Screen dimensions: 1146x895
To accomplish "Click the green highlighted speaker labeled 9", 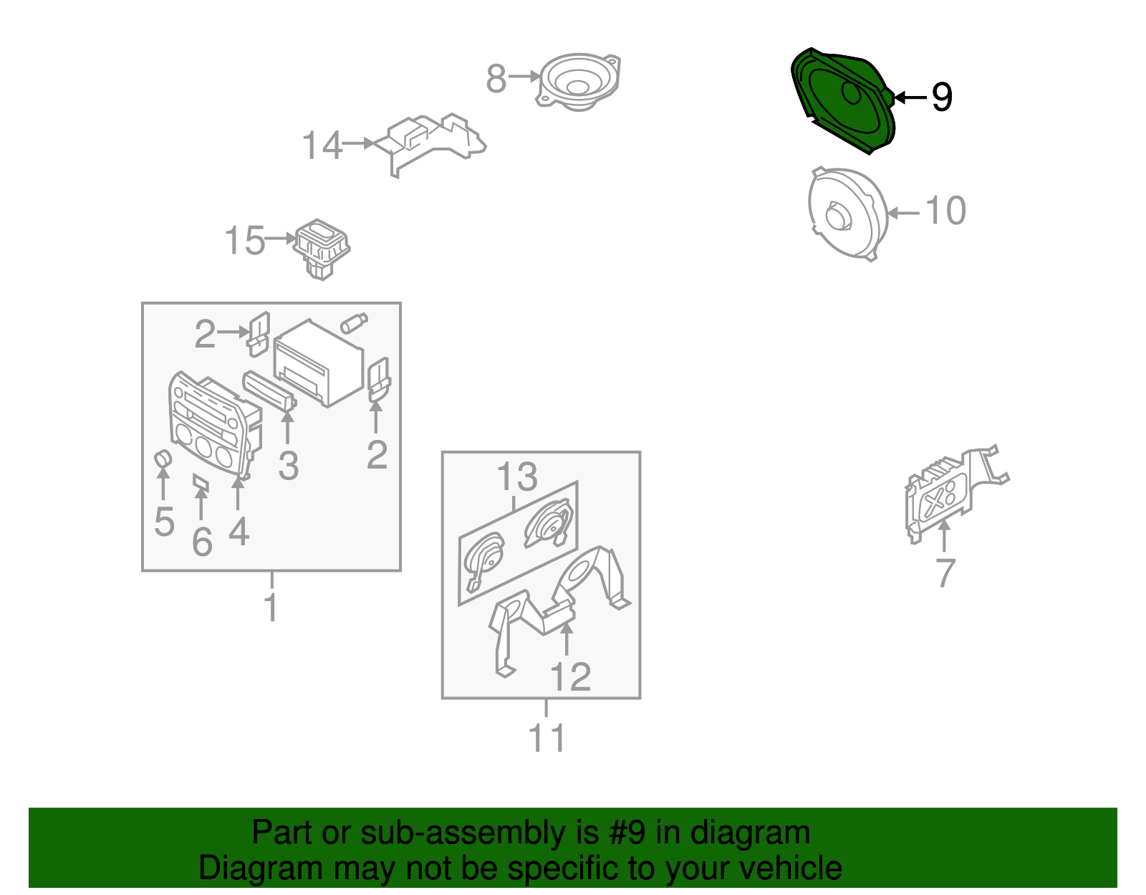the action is coord(843,101).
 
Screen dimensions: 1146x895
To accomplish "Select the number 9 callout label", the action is coord(942,97).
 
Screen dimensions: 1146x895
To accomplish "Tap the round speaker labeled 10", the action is coord(847,214).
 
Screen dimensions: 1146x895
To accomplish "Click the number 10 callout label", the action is coord(945,211).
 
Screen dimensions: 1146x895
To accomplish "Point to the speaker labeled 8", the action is coord(579,82).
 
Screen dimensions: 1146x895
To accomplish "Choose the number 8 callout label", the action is coord(496,79).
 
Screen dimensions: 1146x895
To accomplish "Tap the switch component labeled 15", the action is coord(322,249).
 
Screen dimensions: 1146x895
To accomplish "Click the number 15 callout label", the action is coord(244,241).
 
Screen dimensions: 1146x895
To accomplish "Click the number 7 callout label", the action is coord(945,573).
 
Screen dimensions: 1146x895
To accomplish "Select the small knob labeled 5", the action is coord(163,459).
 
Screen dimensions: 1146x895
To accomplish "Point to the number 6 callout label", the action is coord(203,542).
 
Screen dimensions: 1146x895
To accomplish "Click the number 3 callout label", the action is coord(289,466).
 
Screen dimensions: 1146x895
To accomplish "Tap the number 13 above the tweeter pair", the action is coord(517,477).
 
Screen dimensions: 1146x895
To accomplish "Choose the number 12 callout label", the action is coord(570,676).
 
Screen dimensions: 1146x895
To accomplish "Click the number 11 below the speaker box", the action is coord(547,738).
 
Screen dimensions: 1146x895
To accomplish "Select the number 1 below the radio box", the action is coord(271,607).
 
